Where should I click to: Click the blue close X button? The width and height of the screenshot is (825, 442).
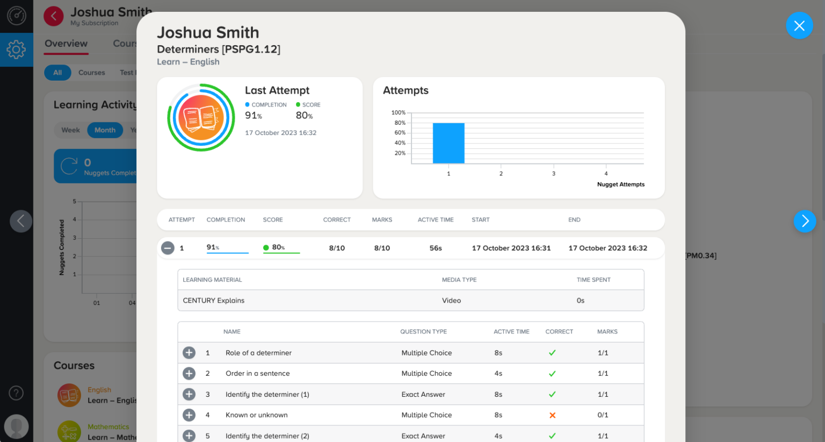pyautogui.click(x=799, y=26)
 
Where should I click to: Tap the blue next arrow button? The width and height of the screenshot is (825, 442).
pyautogui.click(x=805, y=221)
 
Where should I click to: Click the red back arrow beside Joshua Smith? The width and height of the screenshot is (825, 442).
pyautogui.click(x=54, y=16)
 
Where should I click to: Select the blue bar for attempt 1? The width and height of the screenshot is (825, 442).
pyautogui.click(x=448, y=143)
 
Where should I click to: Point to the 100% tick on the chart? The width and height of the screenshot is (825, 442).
pyautogui.click(x=399, y=113)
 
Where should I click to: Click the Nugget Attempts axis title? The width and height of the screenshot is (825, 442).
pyautogui.click(x=620, y=184)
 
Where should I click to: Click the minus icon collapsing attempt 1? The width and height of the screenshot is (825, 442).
pyautogui.click(x=168, y=248)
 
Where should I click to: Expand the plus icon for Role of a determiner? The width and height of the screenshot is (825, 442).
pyautogui.click(x=189, y=353)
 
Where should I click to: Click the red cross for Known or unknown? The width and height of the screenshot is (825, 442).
pyautogui.click(x=552, y=415)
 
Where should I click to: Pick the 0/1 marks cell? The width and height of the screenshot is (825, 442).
pyautogui.click(x=603, y=415)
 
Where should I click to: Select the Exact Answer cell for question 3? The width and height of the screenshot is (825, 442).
pyautogui.click(x=423, y=395)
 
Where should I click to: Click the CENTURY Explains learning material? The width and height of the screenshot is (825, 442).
pyautogui.click(x=214, y=301)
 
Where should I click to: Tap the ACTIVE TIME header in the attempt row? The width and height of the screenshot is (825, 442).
pyautogui.click(x=436, y=220)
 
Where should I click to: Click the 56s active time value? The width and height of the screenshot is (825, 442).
pyautogui.click(x=436, y=248)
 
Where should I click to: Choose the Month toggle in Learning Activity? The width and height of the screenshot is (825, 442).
pyautogui.click(x=105, y=130)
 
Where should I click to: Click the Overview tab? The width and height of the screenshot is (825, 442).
pyautogui.click(x=66, y=44)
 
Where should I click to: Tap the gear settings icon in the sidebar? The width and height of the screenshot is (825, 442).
pyautogui.click(x=16, y=49)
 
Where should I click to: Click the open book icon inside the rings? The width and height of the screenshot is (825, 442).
pyautogui.click(x=201, y=118)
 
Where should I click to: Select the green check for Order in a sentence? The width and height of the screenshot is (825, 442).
pyautogui.click(x=552, y=374)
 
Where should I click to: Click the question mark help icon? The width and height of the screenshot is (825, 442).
pyautogui.click(x=16, y=393)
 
